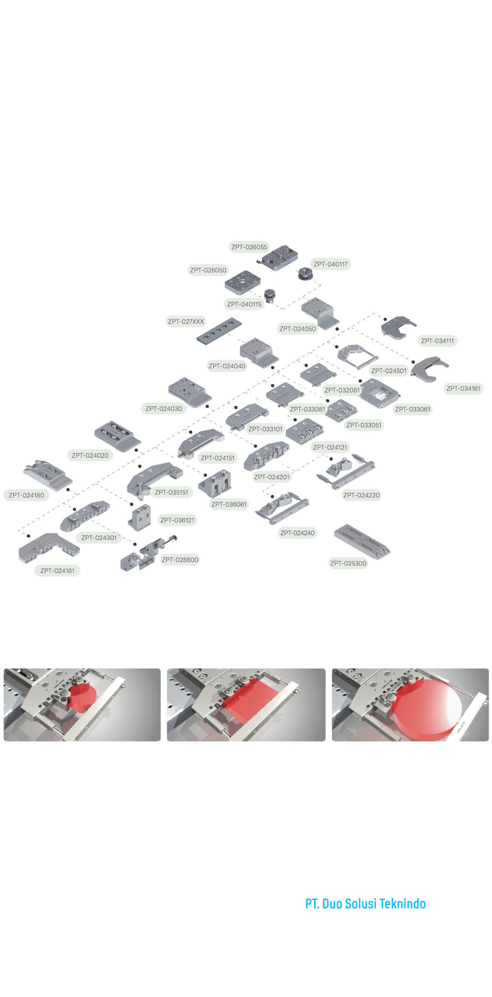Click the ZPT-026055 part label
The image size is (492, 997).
tap(249, 247)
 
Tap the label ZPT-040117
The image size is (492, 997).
tap(331, 264)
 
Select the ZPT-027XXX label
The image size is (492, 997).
tap(186, 321)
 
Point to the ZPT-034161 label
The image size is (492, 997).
tap(463, 388)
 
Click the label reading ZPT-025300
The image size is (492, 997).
tap(348, 563)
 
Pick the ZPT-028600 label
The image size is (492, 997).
tap(180, 559)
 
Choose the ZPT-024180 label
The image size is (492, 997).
tap(26, 495)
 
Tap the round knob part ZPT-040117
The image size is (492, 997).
tap(304, 273)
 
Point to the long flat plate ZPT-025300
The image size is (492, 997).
tap(362, 541)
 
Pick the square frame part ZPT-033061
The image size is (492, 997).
tap(379, 393)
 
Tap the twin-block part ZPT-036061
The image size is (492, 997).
tap(215, 483)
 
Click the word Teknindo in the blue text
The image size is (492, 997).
tap(402, 904)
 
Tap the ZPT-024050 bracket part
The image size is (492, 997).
tap(318, 313)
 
